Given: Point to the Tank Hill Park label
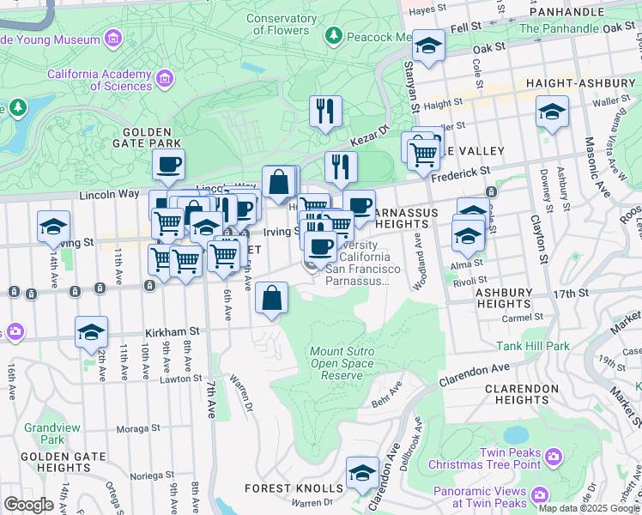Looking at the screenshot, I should pos(532,347).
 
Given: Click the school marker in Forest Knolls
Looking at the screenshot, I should pos(362,472).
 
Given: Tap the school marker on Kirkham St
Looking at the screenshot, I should pos(92,333).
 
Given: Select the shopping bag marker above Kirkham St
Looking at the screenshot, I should pos(272,299).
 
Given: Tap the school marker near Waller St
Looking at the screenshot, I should pos(552,112).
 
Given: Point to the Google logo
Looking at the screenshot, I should pos(28,505).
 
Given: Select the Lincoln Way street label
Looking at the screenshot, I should pos(109,194).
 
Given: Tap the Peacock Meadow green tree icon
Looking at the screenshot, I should pos(334,36).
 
